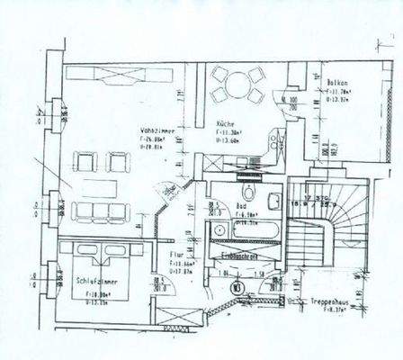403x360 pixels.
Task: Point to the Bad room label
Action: point(240,204)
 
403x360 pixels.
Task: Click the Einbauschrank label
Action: point(242,256)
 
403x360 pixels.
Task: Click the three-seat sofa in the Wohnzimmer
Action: point(100,211)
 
